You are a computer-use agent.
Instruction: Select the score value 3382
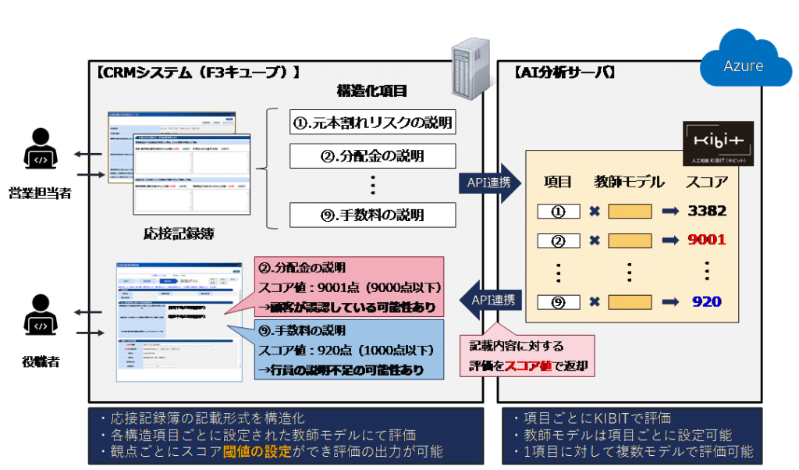pos(707,211)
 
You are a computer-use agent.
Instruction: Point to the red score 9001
pos(707,240)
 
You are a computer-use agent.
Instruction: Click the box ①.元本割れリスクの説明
pos(372,123)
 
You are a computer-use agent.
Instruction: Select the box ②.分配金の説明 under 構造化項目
pos(372,156)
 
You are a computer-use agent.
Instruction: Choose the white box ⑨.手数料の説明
pos(372,214)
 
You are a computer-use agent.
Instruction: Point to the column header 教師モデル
pos(629,182)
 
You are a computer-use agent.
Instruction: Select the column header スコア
pos(707,182)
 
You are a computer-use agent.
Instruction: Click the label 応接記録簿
pos(179,233)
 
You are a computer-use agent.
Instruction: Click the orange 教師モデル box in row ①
pos(630,212)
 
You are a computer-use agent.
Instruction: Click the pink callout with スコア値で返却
pos(527,355)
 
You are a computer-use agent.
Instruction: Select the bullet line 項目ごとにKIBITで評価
pos(593,419)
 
